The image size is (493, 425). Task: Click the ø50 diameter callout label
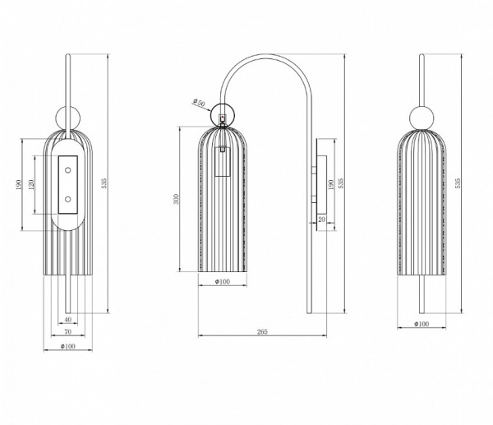point(199,102)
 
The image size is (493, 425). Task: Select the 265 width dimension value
point(262,331)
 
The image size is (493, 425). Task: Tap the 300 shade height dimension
point(176,199)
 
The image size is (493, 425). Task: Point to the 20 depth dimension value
point(321,219)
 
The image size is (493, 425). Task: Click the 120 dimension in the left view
point(31,185)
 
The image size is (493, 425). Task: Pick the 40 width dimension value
point(68,320)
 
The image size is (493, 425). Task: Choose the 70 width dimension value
point(68,331)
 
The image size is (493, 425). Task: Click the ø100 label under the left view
point(68,346)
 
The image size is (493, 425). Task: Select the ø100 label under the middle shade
point(223,281)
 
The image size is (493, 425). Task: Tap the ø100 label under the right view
point(422,324)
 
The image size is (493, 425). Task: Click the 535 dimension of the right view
point(458,183)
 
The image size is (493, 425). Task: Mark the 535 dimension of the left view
point(104,183)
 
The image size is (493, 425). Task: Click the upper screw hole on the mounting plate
point(67,170)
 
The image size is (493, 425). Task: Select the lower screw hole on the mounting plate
point(67,199)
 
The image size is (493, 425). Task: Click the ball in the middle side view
point(223,114)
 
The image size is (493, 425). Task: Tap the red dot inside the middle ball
point(223,117)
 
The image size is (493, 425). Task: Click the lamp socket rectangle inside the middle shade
point(223,161)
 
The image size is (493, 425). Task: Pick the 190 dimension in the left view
point(18,185)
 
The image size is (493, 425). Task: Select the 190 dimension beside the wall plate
point(330,185)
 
